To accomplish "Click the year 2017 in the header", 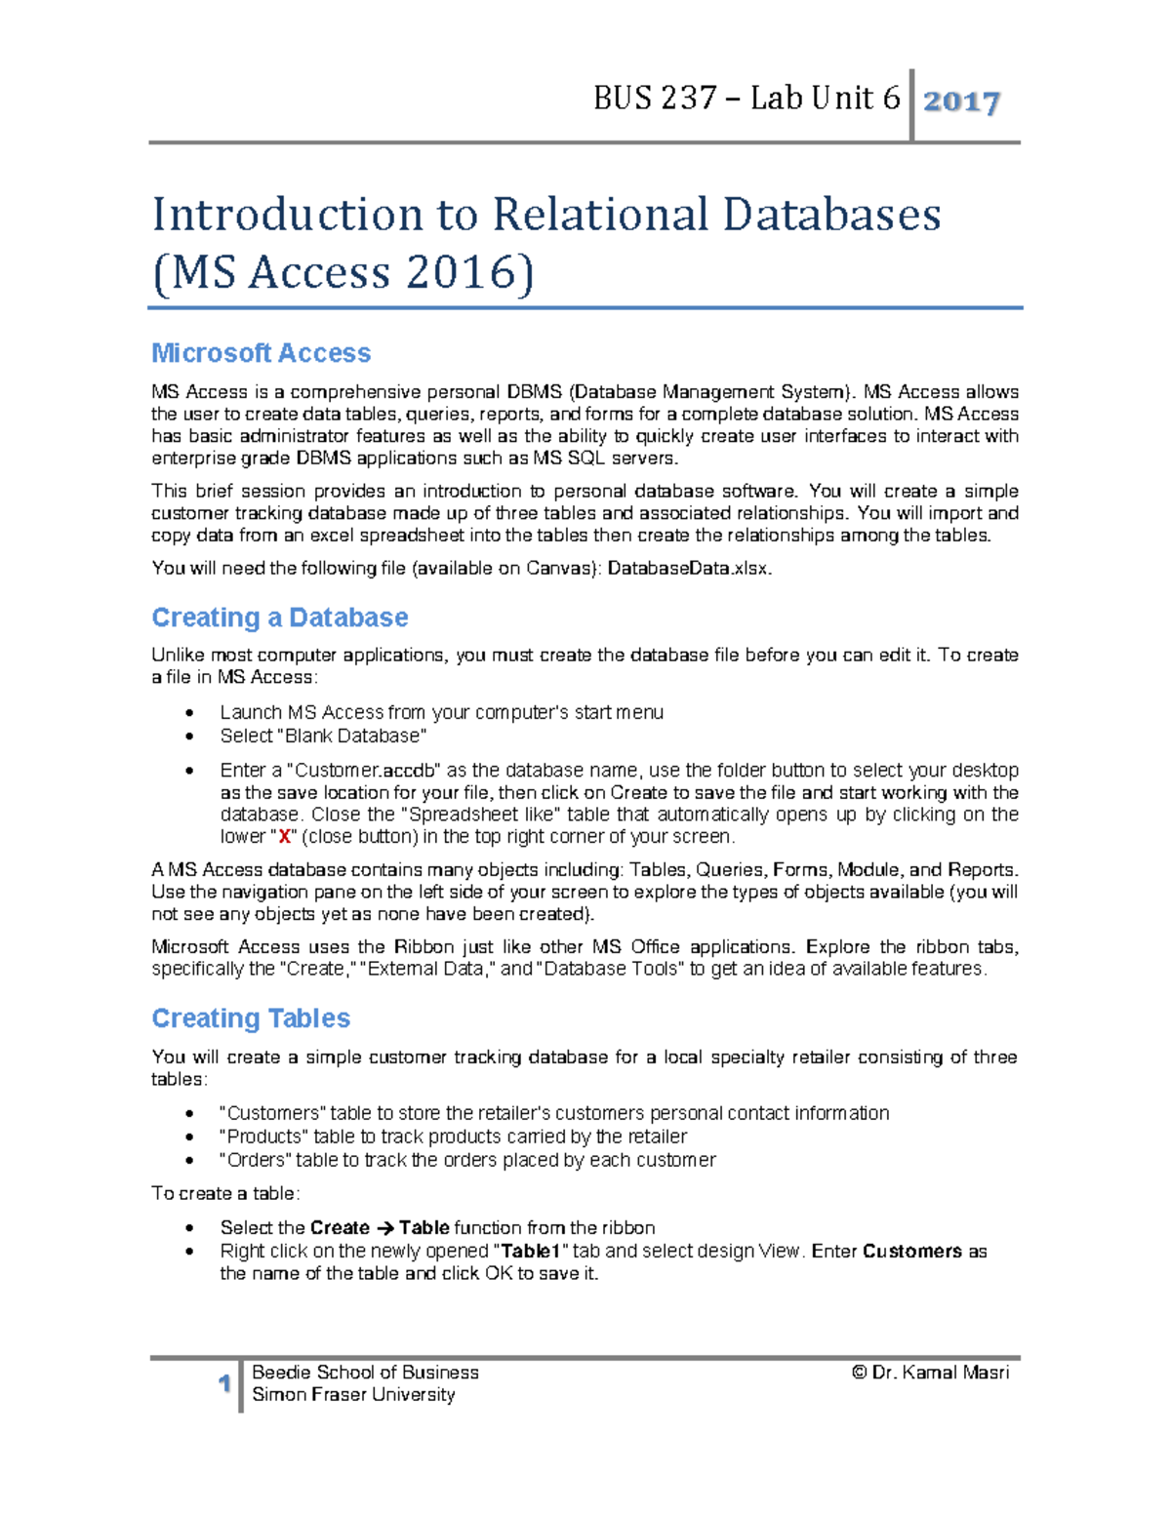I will pyautogui.click(x=961, y=101).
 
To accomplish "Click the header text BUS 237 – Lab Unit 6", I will pyautogui.click(x=747, y=99).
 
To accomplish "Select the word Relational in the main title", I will pyautogui.click(x=599, y=216).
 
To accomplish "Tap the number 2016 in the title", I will pyautogui.click(x=462, y=272).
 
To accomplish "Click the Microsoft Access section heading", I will pyautogui.click(x=261, y=353).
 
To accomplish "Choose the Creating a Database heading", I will pyautogui.click(x=279, y=618).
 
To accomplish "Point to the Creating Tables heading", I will pyautogui.click(x=251, y=1018).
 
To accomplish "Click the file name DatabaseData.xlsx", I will pyautogui.click(x=689, y=569).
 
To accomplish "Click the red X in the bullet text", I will pyautogui.click(x=284, y=837).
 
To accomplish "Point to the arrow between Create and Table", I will pyautogui.click(x=384, y=1228).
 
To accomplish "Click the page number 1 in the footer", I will pyautogui.click(x=224, y=1383).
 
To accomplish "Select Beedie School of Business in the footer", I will pyautogui.click(x=365, y=1373).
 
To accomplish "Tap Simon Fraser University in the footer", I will pyautogui.click(x=353, y=1395).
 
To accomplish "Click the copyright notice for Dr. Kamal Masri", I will pyautogui.click(x=930, y=1373).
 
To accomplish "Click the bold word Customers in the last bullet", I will pyautogui.click(x=911, y=1252).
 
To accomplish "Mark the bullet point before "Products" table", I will pyautogui.click(x=189, y=1137).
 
